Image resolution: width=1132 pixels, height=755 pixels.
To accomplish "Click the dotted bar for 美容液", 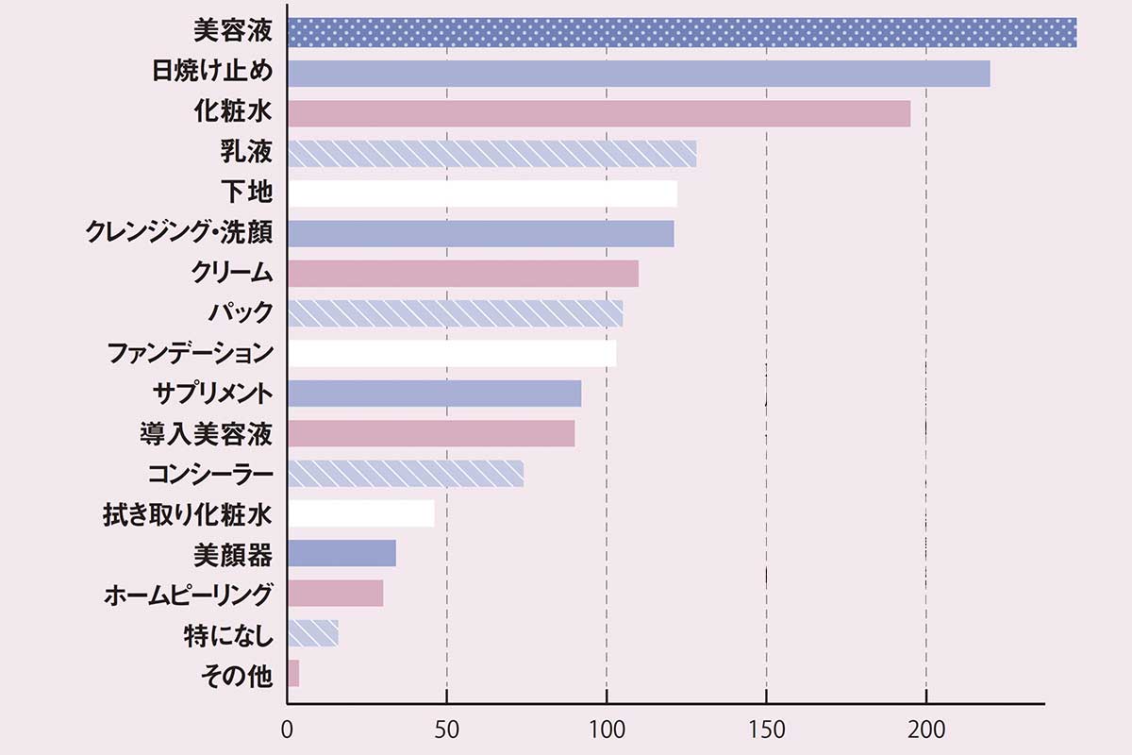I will pyautogui.click(x=681, y=32).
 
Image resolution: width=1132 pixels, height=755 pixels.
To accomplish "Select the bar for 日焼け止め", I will pyautogui.click(x=638, y=74).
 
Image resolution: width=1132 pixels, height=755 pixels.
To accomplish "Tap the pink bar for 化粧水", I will pyautogui.click(x=598, y=113).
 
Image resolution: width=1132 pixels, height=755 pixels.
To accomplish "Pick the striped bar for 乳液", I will pyautogui.click(x=491, y=153).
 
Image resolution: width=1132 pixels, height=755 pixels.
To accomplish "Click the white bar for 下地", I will pyautogui.click(x=482, y=193).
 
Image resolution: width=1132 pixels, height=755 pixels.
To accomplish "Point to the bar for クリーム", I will pyautogui.click(x=462, y=273).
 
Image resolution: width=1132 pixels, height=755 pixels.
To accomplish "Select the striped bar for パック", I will pyautogui.click(x=455, y=313).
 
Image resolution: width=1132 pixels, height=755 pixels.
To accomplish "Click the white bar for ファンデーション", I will pyautogui.click(x=451, y=353).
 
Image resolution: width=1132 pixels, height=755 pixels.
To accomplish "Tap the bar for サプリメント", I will pyautogui.click(x=434, y=393).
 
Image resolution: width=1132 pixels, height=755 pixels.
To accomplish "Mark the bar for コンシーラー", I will pyautogui.click(x=405, y=473).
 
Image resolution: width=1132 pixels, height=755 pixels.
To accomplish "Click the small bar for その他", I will pyautogui.click(x=292, y=674).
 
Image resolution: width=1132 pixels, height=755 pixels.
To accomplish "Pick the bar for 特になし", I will pyautogui.click(x=312, y=632).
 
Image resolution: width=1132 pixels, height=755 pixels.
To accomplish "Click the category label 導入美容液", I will pyautogui.click(x=206, y=434).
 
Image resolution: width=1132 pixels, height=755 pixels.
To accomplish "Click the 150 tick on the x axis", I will pyautogui.click(x=766, y=730).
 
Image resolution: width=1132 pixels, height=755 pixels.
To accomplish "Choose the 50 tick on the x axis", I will pyautogui.click(x=446, y=730).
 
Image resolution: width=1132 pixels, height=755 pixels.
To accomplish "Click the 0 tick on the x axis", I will pyautogui.click(x=287, y=730).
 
